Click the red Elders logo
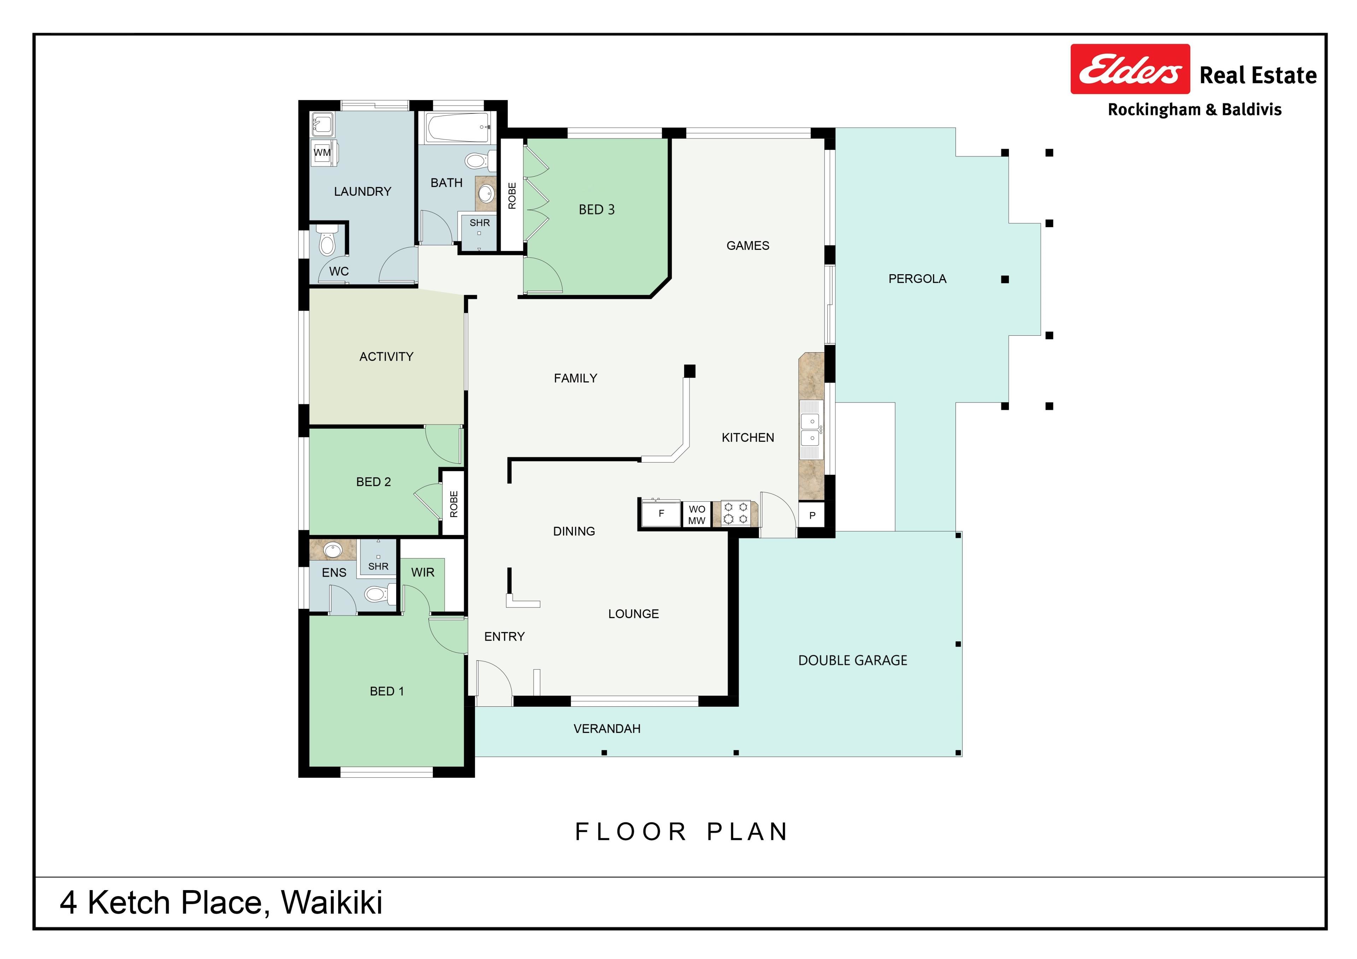coord(1130,69)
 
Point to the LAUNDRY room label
coord(362,192)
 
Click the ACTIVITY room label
coord(386,356)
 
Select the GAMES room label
coord(748,245)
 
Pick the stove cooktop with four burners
coord(736,513)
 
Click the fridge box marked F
coord(661,513)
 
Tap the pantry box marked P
coord(812,515)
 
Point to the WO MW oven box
coord(697,514)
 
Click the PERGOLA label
coord(917,279)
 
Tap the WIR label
coord(423,572)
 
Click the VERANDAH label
coord(607,729)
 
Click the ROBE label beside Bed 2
coord(454,504)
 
